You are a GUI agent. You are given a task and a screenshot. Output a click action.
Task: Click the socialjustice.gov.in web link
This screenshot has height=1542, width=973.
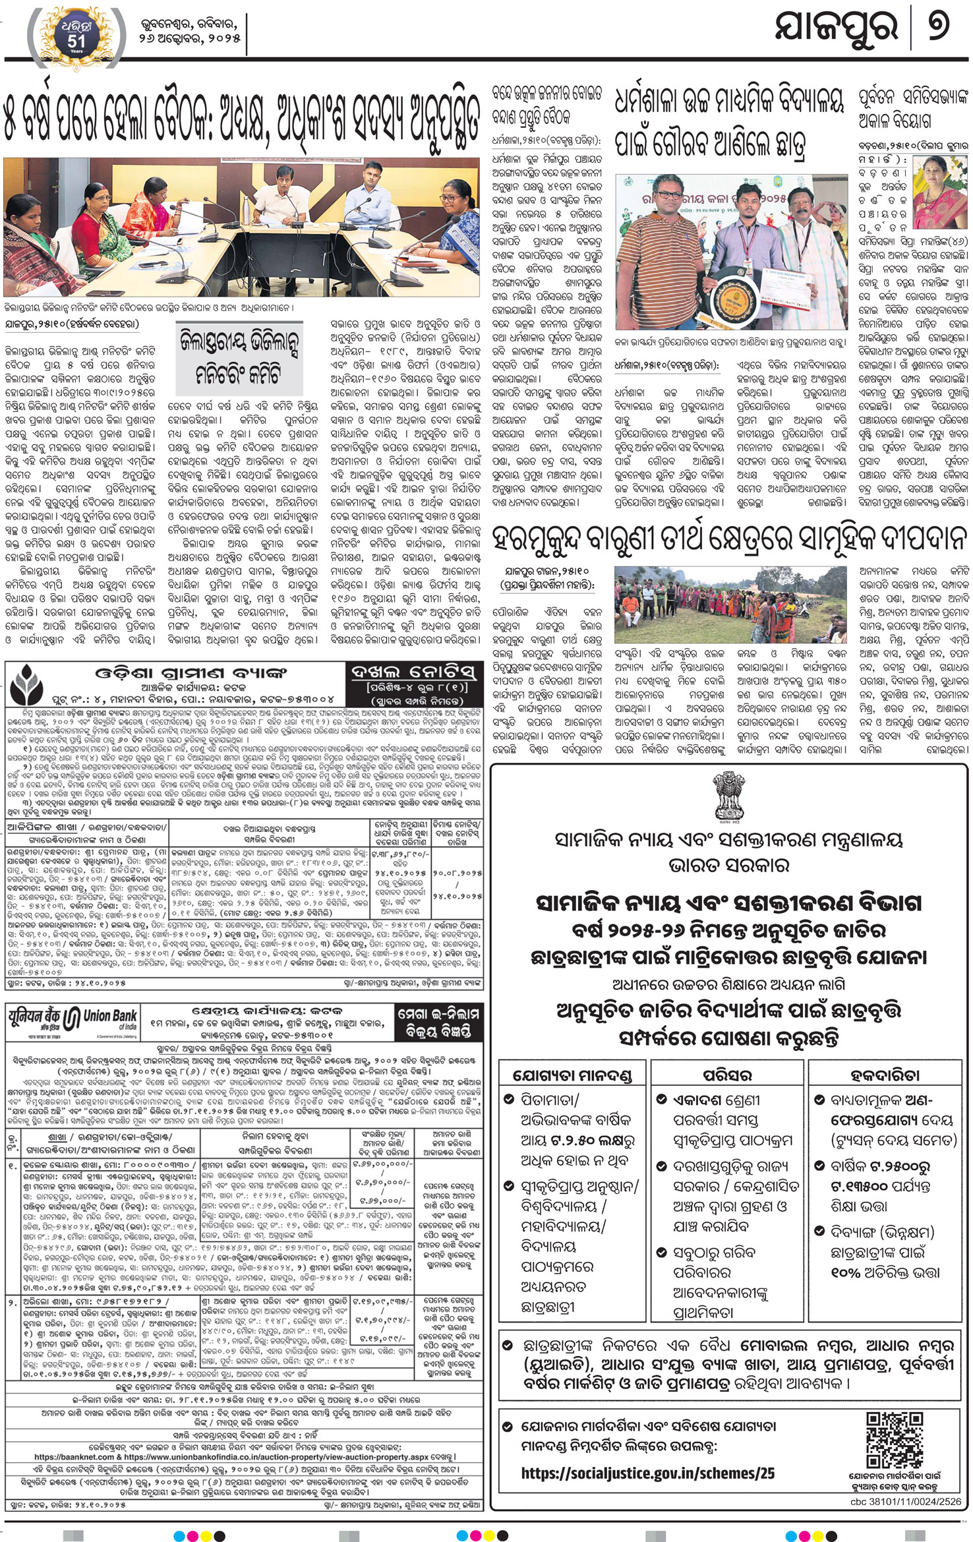tap(647, 1473)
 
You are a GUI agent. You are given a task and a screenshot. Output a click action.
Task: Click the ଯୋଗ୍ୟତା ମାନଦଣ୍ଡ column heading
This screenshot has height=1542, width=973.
tap(572, 1075)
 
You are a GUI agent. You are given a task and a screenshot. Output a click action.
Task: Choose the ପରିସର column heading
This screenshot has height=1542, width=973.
tap(728, 1075)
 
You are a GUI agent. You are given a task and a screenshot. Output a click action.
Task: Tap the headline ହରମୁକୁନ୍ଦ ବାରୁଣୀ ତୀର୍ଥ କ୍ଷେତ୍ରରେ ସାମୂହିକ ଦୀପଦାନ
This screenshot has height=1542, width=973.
tap(729, 539)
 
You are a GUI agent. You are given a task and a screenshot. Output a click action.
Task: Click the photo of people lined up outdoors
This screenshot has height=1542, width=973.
tap(730, 605)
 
